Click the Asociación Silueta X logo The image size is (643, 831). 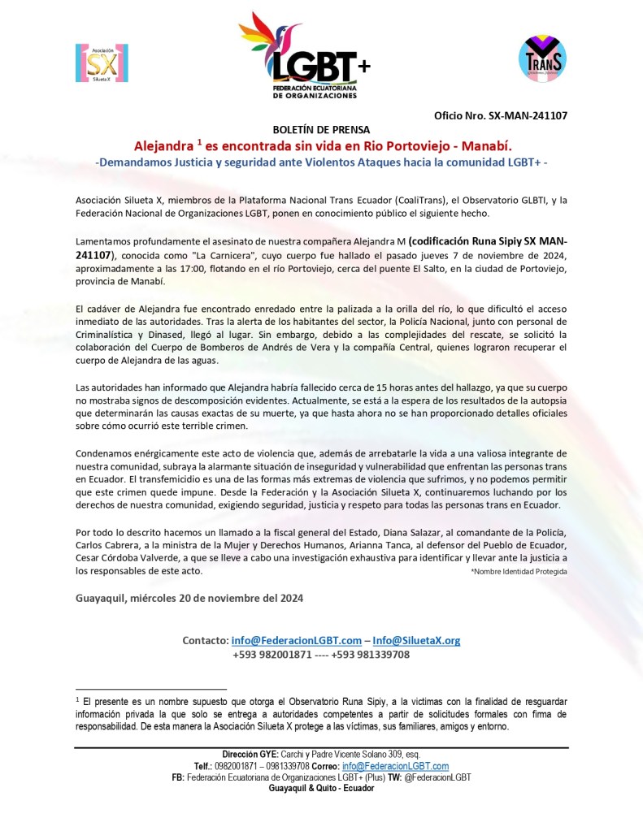click(x=102, y=63)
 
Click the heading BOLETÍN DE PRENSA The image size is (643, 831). click(x=320, y=130)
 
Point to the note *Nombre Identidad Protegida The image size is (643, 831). click(x=519, y=572)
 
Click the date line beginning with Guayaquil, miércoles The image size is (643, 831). click(x=189, y=599)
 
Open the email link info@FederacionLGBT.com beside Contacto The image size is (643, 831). click(x=296, y=640)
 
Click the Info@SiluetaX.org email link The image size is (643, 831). click(x=416, y=640)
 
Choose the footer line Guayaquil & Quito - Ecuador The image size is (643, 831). click(x=321, y=788)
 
